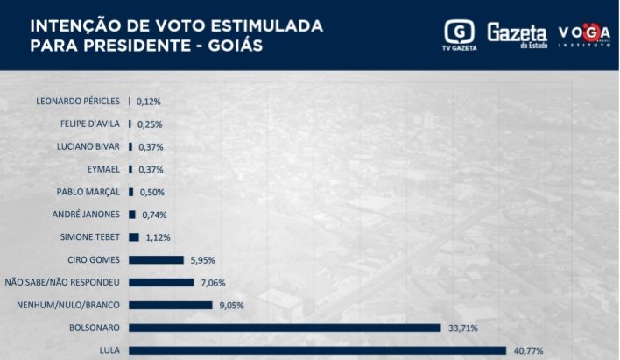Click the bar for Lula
[317, 350]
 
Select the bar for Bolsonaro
[285, 328]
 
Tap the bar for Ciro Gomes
[156, 259]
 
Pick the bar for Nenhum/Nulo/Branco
[171, 305]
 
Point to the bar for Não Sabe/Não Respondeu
[161, 282]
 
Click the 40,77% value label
[528, 351]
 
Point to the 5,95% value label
[202, 260]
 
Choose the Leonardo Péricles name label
[78, 101]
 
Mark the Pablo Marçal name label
[88, 192]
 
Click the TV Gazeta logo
[460, 35]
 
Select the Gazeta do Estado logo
[517, 34]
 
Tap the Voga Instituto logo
[584, 35]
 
